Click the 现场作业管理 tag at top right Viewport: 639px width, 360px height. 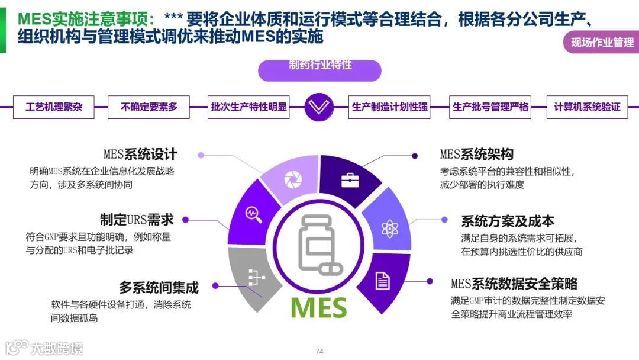point(602,42)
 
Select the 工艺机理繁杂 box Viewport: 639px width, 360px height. point(54,107)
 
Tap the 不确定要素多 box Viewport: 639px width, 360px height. point(149,107)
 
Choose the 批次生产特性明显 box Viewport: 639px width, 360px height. point(248,107)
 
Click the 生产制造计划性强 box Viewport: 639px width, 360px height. point(389,107)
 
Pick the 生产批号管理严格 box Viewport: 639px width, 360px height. point(490,107)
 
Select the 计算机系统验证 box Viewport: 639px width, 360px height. point(587,107)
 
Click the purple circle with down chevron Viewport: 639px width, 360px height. point(319,107)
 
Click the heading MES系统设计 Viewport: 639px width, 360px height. point(140,155)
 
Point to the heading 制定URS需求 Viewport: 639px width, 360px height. point(137,220)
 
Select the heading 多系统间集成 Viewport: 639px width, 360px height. point(159,288)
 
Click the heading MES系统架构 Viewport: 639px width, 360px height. point(476,155)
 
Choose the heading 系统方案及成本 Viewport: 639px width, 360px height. point(508,221)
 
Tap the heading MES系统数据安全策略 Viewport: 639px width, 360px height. point(514,284)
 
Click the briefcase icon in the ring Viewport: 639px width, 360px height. point(349,180)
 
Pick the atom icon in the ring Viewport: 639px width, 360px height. point(389,228)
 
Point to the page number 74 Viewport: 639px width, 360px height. point(319,352)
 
